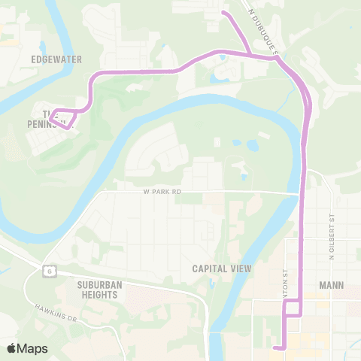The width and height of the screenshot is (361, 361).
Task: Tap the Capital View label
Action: coord(221,268)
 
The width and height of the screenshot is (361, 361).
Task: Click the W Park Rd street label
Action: coord(162,192)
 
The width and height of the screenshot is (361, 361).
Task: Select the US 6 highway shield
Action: coord(48,268)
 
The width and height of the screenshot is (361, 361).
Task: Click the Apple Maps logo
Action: coord(27,348)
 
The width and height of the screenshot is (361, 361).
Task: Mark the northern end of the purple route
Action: coord(223,12)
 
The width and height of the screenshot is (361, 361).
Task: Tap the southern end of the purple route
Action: coord(277,347)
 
